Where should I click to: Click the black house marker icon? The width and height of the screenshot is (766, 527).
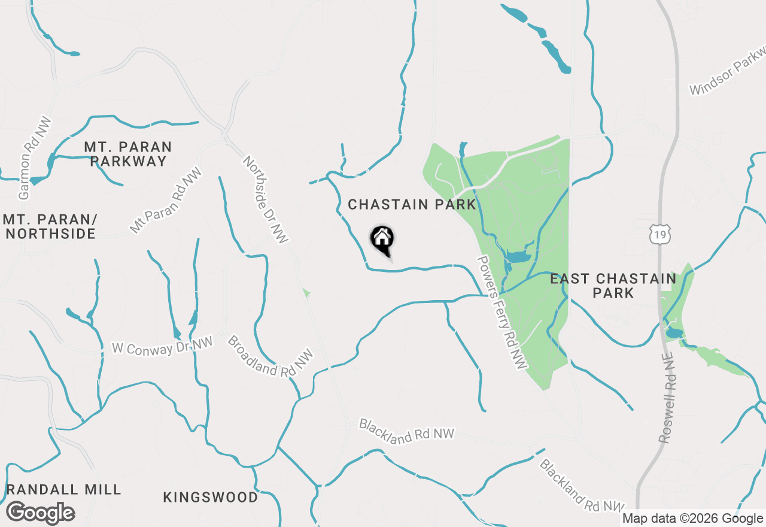(382, 239)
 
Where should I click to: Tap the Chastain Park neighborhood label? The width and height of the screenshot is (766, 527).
(412, 205)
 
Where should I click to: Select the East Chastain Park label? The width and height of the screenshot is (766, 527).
(613, 286)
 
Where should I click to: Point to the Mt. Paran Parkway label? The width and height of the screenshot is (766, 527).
(127, 154)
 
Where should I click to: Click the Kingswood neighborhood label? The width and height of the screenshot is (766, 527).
(211, 497)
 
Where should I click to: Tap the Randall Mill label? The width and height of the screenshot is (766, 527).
(64, 489)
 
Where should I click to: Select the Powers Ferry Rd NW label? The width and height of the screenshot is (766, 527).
(501, 313)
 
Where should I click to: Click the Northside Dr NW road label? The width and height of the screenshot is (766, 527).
(266, 199)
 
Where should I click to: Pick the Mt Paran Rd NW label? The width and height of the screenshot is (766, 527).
(166, 201)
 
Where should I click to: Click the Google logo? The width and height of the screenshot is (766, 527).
(40, 513)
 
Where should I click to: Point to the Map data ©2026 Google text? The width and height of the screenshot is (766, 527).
(692, 519)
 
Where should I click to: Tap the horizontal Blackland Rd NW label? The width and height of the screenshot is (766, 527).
(407, 432)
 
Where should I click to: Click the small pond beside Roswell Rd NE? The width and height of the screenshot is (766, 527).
(674, 332)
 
